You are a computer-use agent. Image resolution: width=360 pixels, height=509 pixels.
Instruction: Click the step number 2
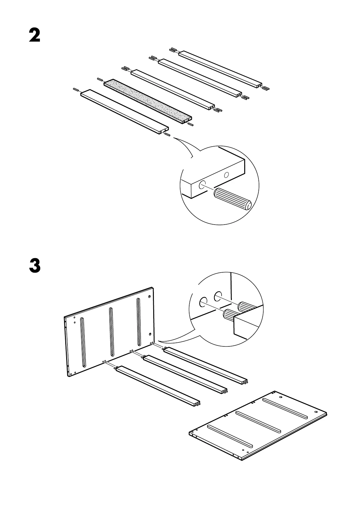click(34, 36)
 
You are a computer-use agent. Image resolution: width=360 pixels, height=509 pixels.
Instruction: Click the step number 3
click(34, 265)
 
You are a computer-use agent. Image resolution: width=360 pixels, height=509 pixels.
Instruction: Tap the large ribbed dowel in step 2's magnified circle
click(232, 198)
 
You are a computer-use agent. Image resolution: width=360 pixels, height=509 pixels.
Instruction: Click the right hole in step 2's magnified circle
click(226, 175)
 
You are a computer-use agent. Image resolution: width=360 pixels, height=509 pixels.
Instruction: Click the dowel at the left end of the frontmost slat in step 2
click(76, 89)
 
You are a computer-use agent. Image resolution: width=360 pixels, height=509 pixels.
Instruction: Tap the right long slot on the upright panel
click(138, 322)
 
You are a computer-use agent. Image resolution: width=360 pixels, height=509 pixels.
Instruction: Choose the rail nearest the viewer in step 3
click(157, 384)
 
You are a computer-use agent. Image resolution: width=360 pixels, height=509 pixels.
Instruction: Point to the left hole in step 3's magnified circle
click(203, 302)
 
